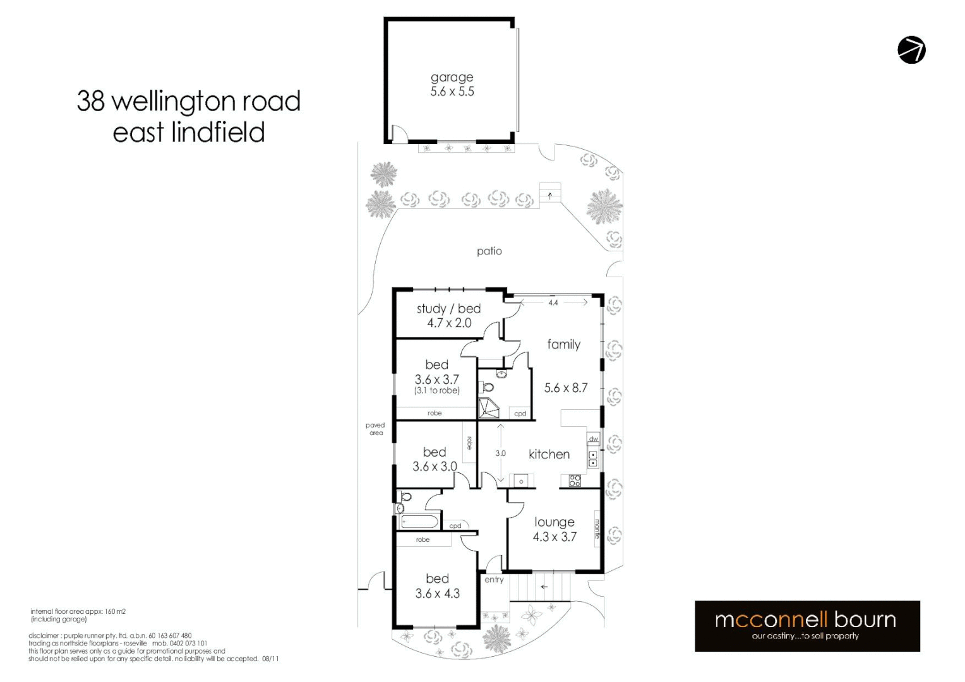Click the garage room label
pos(452,77)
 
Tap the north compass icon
pos(911,50)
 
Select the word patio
pos(489,251)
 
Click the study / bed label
pos(448,309)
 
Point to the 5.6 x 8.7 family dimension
pos(566,388)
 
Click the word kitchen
pos(549,454)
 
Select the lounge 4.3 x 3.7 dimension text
pos(554,537)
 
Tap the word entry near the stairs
pos(494,580)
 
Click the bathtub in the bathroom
pos(419,522)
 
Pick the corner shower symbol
pos(488,409)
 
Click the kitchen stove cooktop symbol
pos(575,481)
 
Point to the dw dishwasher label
pos(593,439)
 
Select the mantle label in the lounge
pos(597,529)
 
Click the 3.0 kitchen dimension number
pos(500,453)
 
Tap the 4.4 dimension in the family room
pos(553,303)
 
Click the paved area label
pos(375,429)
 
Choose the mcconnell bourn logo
pos(806,625)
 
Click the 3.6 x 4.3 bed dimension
pos(437,594)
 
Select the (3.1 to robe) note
pos(436,391)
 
